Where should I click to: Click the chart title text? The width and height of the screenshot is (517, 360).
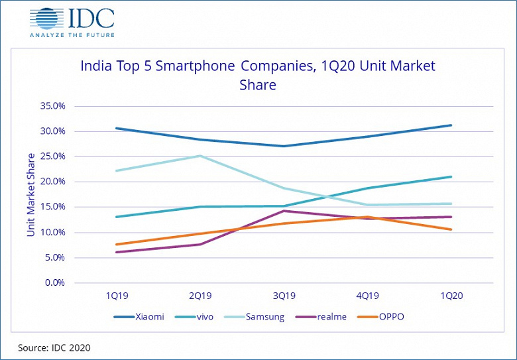point(258,76)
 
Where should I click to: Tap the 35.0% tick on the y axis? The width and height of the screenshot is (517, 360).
point(51,106)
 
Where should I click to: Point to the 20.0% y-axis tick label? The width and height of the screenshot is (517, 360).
point(51,182)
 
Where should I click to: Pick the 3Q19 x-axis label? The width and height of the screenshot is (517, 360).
point(284,297)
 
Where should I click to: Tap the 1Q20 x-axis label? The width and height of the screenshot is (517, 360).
point(451,297)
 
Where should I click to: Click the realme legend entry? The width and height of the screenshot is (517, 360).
point(321,317)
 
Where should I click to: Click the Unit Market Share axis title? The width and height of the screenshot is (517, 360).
point(31,194)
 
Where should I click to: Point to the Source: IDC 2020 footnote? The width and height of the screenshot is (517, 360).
point(54,347)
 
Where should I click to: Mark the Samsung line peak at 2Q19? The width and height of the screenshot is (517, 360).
point(200,156)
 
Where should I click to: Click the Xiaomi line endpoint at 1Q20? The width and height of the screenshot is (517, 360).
point(451,125)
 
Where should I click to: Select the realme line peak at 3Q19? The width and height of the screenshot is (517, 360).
point(284,211)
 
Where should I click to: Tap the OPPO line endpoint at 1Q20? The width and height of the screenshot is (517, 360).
point(451,229)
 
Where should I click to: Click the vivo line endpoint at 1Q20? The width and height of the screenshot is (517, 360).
point(451,177)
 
